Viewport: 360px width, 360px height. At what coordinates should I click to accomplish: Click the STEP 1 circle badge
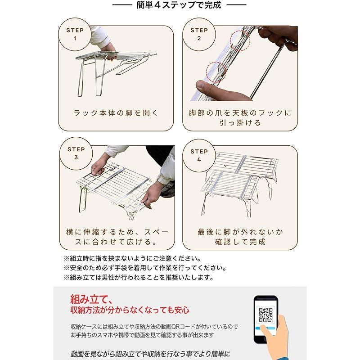[75, 35]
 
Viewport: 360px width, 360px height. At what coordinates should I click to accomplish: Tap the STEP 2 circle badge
[199, 35]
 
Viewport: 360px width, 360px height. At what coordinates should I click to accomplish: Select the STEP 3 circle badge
[76, 153]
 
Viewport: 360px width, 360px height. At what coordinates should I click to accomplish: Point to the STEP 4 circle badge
[199, 156]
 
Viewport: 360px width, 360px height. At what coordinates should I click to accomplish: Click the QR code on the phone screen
[265, 315]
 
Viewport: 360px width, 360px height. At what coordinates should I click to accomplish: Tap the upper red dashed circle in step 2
[240, 40]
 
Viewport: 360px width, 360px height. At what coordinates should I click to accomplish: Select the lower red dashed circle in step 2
[216, 72]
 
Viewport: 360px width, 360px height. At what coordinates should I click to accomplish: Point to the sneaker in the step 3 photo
[168, 189]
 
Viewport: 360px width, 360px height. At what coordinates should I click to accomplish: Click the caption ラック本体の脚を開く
[116, 113]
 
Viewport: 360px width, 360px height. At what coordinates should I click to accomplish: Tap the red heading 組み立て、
[91, 299]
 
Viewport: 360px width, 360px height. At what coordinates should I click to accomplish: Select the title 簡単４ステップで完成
[179, 5]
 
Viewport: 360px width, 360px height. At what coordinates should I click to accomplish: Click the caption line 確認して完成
[240, 242]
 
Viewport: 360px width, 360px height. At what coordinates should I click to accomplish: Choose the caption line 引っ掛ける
[240, 123]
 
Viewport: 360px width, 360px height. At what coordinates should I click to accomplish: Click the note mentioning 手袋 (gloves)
[145, 268]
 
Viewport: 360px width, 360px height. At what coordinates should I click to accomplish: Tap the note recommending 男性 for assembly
[139, 278]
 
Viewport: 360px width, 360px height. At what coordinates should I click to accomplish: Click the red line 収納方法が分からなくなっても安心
[130, 310]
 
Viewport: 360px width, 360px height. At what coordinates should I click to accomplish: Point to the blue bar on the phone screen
[265, 328]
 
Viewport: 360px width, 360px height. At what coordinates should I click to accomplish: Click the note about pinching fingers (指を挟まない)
[132, 258]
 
